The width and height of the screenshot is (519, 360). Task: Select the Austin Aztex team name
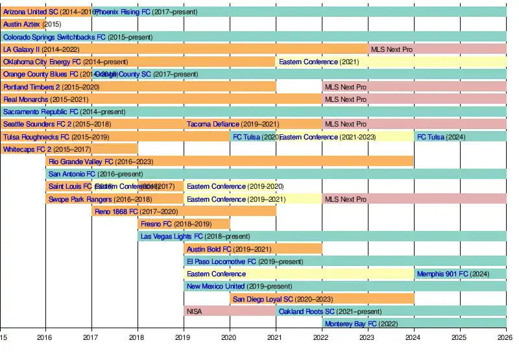pos(21,24)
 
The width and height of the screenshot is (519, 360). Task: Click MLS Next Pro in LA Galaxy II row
pos(391,49)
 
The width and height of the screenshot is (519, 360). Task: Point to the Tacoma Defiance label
pos(213,124)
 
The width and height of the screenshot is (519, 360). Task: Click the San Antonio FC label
pos(71,174)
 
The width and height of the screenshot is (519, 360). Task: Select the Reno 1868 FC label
pos(116,211)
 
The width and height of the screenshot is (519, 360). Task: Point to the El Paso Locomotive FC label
pos(221,261)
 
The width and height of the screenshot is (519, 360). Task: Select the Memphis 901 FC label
pos(442,274)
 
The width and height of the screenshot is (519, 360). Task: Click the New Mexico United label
pos(215,286)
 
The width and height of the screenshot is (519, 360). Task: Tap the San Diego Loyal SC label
pos(263,299)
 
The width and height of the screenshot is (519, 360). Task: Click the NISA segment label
pos(194,311)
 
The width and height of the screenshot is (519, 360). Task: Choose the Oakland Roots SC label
pos(306,311)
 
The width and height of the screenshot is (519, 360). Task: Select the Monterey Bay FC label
pos(350,324)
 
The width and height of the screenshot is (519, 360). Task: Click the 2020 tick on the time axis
pos(230,337)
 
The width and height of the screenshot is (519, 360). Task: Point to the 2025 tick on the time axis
pos(459,337)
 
